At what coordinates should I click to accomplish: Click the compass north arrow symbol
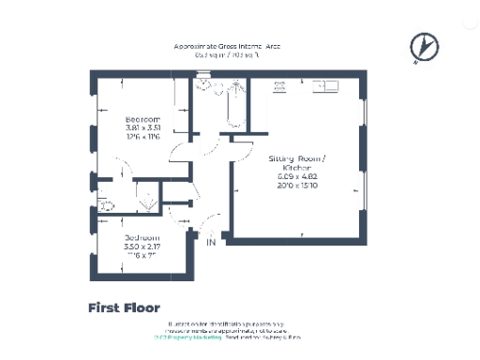[x=424, y=45]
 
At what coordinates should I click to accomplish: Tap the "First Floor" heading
[x=124, y=307]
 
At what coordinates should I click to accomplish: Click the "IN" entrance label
[x=212, y=243]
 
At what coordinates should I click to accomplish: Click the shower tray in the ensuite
[x=145, y=199]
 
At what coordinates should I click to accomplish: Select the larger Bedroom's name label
[x=143, y=119]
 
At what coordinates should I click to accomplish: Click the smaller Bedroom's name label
[x=142, y=238]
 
